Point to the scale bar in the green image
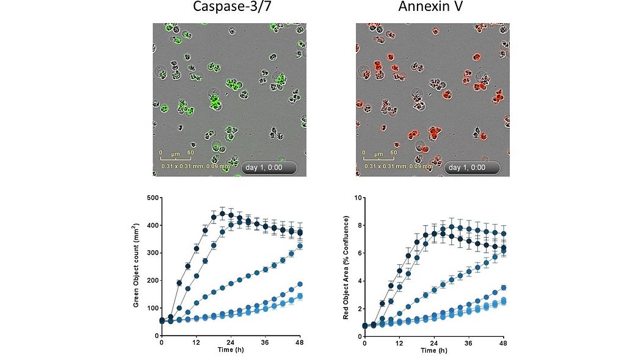[176, 158]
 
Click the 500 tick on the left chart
[151, 198]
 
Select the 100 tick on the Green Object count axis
[151, 308]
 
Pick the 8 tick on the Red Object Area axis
[357, 225]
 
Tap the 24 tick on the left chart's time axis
[231, 343]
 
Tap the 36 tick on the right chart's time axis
[469, 343]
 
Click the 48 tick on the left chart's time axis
[300, 343]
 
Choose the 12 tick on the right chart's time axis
[399, 343]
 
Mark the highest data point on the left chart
[223, 214]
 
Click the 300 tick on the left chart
[151, 253]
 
